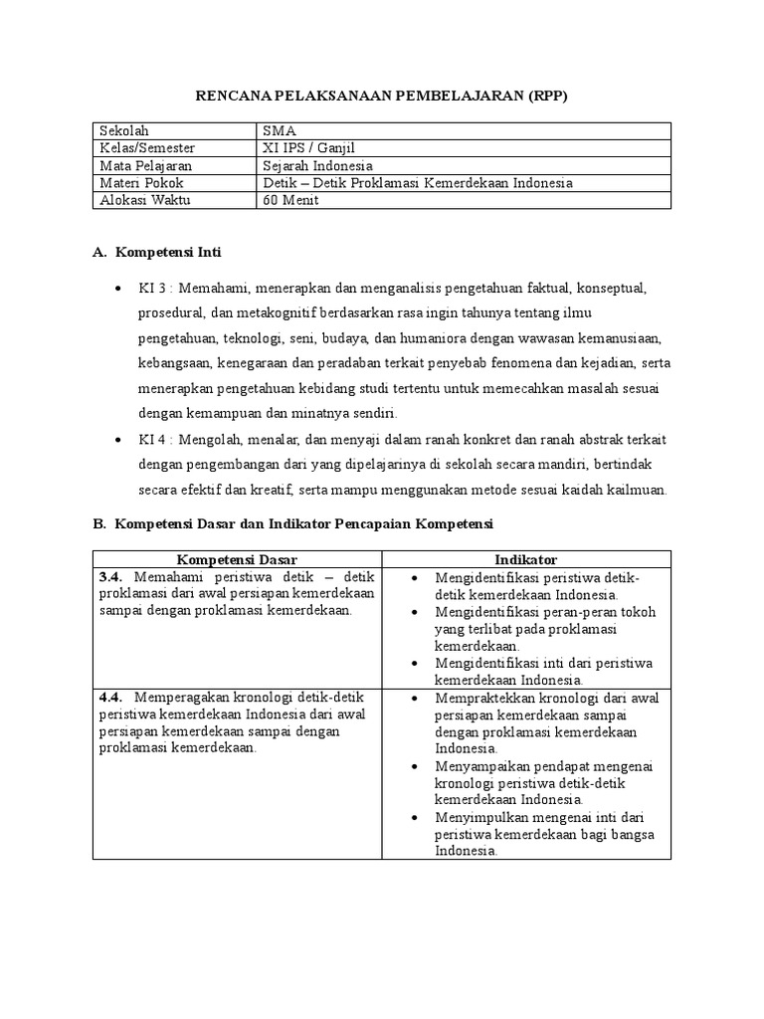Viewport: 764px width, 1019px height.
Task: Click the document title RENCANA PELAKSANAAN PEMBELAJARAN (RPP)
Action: (x=382, y=96)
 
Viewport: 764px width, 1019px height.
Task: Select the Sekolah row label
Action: (x=122, y=131)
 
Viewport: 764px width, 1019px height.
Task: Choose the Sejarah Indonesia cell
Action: (x=317, y=166)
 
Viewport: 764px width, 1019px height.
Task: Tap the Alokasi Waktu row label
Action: (x=144, y=200)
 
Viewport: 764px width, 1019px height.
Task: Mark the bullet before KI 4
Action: (x=119, y=439)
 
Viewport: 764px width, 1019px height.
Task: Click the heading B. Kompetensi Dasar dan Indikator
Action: (x=293, y=523)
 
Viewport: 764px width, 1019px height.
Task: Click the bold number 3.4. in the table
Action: (x=111, y=577)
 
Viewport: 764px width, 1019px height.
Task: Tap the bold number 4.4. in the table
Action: (x=111, y=698)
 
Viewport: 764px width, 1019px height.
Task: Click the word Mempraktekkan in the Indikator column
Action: (x=482, y=698)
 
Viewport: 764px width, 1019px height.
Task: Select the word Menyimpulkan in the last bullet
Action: (x=479, y=817)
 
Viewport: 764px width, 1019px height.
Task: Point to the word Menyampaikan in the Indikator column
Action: (x=480, y=766)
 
